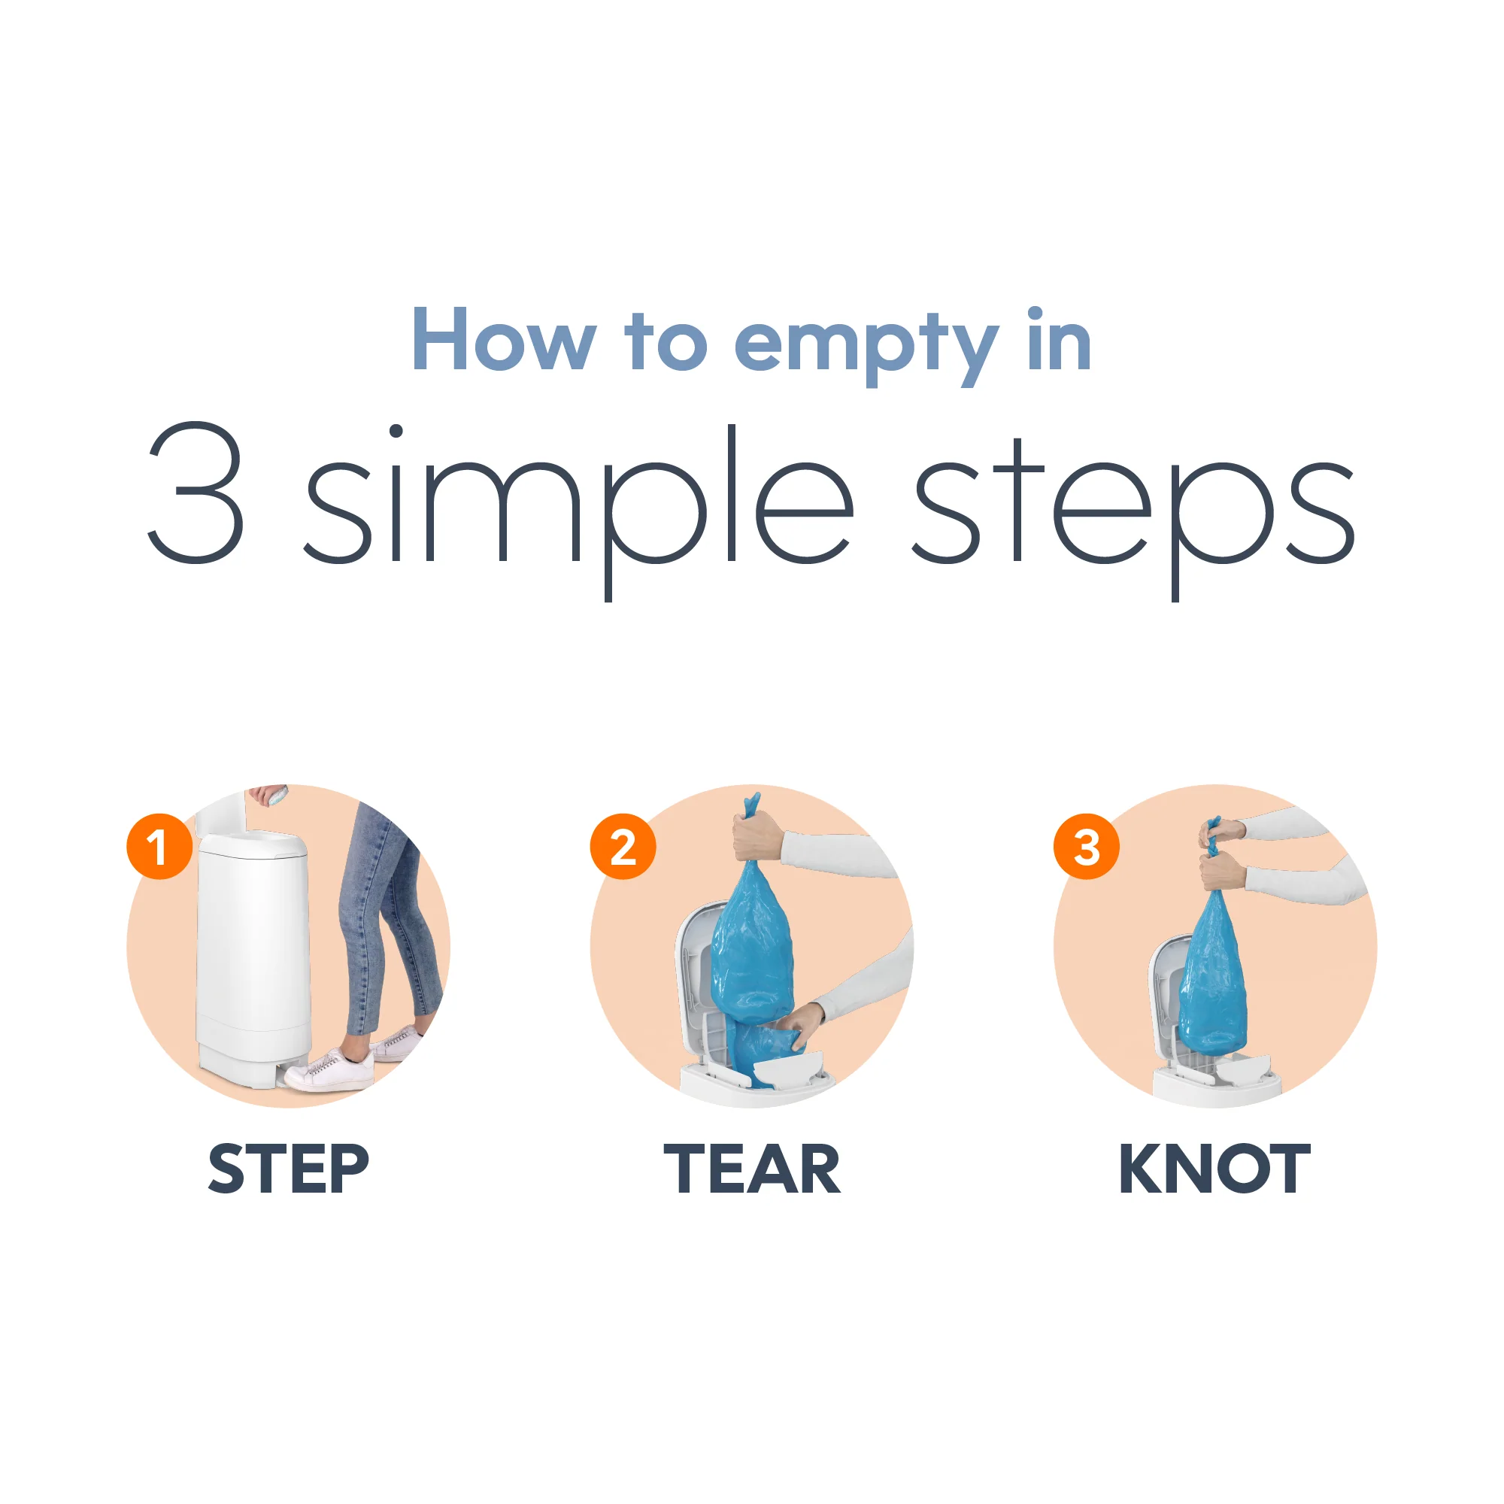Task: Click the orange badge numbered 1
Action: click(159, 846)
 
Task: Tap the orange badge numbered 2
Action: click(623, 846)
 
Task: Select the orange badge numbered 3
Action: click(1086, 846)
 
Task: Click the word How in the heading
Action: click(504, 339)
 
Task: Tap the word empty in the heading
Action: click(866, 348)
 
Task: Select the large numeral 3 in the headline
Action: click(196, 493)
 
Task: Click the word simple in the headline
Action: click(579, 512)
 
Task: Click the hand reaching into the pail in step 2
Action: click(802, 1023)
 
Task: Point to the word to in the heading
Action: click(666, 341)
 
